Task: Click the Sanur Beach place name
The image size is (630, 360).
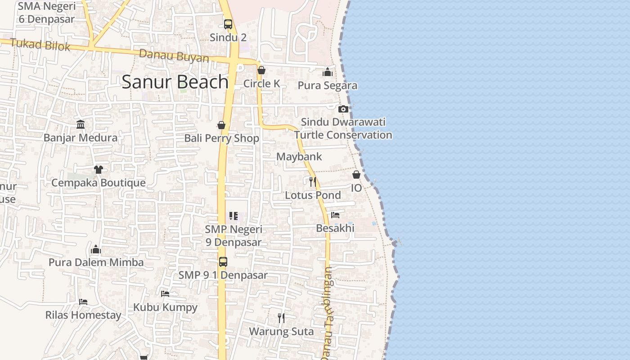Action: coord(175,82)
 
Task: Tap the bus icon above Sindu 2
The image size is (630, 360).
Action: coord(228,24)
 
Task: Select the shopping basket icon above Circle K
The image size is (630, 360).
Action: coord(261,71)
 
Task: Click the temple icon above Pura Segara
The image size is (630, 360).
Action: coord(328,72)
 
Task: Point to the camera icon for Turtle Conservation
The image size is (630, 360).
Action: coord(343,109)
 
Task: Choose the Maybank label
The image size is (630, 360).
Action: coord(299,157)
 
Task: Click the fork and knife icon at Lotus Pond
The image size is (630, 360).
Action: coord(313,182)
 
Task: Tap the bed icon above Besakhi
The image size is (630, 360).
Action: coord(335,215)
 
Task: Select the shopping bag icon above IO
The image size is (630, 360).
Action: coord(356,175)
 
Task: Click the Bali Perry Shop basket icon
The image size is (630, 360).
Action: coord(221,125)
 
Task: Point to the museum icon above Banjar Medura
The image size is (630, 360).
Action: coord(81,124)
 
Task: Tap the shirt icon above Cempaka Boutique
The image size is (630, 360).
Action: coord(99,170)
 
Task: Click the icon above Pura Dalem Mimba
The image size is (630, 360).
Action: coord(96,249)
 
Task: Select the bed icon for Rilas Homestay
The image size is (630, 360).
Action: coord(83,301)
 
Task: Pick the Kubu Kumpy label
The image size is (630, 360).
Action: coord(165,307)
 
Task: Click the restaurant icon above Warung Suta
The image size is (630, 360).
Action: coord(281,318)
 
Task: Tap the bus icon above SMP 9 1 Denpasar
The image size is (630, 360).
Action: coord(223,261)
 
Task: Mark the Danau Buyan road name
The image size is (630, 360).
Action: coord(174,56)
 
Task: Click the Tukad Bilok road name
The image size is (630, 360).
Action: coord(40,45)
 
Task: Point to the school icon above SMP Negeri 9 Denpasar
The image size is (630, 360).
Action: coord(233,216)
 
